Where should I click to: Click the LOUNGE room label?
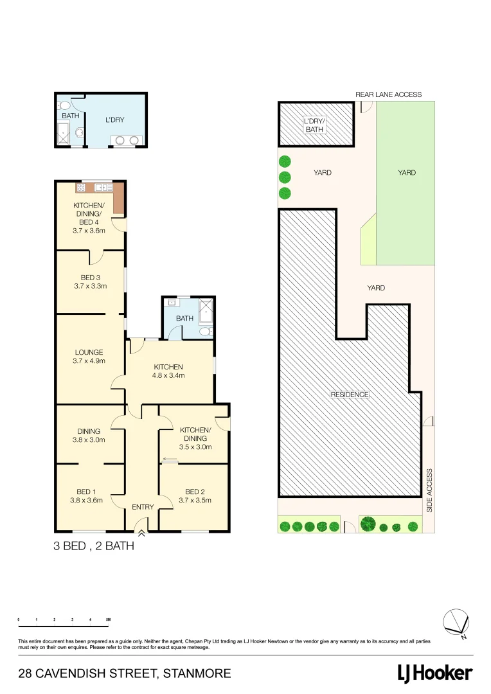[x=89, y=352]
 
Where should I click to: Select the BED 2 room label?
[x=194, y=492]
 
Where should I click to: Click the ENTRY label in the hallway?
[x=143, y=507]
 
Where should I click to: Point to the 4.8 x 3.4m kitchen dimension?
[x=168, y=375]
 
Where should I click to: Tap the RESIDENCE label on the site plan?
[x=350, y=395]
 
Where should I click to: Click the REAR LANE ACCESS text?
[x=388, y=94]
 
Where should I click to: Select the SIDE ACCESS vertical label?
[x=429, y=490]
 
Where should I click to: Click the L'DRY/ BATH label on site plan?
[x=314, y=125]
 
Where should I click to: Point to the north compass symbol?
[x=458, y=622]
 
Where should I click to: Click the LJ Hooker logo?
[x=435, y=673]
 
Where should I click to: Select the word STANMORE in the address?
[x=197, y=673]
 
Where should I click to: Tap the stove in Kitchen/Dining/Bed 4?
[x=82, y=188]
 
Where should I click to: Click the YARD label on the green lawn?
[x=406, y=172]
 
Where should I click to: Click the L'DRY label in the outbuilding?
[x=114, y=120]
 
